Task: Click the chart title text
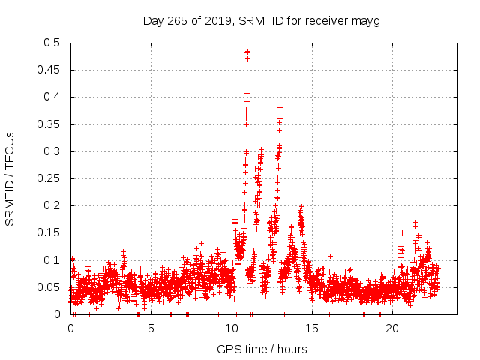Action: coord(261,20)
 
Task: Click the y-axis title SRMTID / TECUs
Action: coord(10,179)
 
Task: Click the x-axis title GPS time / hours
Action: coord(261,349)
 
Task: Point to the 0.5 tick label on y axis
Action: coord(52,43)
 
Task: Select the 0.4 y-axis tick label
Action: coord(52,97)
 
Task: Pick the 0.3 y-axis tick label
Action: coord(52,151)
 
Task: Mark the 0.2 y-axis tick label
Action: coord(52,206)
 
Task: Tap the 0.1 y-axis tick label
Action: coord(52,260)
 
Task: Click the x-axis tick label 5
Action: coord(151,328)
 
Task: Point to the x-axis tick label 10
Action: coord(231,328)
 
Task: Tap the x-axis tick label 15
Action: coord(311,328)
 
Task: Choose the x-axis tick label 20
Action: coord(391,328)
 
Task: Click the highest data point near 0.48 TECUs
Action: coord(247,52)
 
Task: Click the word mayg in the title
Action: coord(367,20)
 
